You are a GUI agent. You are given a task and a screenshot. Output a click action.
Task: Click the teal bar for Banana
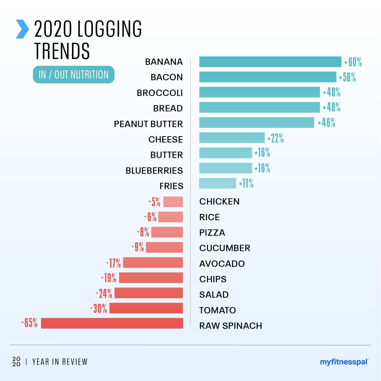[270, 62]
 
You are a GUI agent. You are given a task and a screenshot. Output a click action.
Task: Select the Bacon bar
[268, 77]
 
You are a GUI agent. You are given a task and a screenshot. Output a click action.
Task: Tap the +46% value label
[327, 123]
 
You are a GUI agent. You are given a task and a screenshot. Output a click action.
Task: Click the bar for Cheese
[232, 138]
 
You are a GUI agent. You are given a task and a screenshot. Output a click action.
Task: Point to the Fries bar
[218, 183]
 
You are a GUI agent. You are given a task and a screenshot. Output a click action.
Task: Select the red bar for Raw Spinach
[112, 323]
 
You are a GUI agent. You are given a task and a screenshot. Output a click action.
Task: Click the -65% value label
[29, 323]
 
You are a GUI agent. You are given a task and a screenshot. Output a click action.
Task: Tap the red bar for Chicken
[173, 202]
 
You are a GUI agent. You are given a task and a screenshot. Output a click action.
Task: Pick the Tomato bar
[146, 308]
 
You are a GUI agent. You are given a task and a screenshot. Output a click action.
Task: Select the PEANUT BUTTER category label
[148, 124]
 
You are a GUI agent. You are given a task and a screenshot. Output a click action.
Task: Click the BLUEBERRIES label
[154, 171]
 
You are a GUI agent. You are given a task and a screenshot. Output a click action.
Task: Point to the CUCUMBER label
[225, 248]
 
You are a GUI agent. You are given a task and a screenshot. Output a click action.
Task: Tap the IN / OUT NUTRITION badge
[74, 75]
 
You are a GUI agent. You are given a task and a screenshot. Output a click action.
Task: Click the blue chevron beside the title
[22, 29]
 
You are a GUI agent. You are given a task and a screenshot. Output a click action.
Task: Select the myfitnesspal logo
[344, 362]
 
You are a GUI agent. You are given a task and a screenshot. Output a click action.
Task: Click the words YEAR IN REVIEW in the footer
[60, 362]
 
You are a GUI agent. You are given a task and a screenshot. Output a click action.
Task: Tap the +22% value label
[275, 138]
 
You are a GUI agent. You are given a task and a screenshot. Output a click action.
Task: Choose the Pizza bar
[167, 232]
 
